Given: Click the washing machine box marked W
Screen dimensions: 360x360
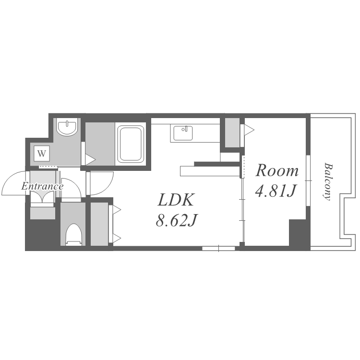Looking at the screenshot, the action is (42, 153).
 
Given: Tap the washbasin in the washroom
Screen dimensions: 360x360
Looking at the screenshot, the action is (67, 128).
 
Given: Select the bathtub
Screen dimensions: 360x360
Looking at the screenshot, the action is (131, 144).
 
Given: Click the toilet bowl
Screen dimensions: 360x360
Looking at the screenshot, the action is (73, 234).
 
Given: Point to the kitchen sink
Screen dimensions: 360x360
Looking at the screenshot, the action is (183, 132).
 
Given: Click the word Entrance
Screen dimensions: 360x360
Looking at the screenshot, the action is (42, 186).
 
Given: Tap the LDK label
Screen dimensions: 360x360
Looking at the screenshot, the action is (176, 200).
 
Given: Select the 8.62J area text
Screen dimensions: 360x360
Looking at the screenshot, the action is (176, 220).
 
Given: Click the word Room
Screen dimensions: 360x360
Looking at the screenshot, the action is (277, 170).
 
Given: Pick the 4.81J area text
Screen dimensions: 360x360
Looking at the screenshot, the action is (276, 191).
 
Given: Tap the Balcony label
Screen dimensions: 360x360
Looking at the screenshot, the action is (327, 181).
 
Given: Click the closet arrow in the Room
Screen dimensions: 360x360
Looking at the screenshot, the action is (249, 130).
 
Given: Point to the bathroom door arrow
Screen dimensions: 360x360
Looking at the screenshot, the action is (90, 159).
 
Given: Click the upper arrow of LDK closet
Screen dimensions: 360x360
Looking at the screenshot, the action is (117, 209).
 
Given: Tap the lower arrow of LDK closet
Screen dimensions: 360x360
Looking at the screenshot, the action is (117, 239).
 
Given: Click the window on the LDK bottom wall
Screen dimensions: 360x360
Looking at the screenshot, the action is (218, 248).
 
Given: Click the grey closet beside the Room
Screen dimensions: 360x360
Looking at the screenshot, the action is (232, 132).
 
